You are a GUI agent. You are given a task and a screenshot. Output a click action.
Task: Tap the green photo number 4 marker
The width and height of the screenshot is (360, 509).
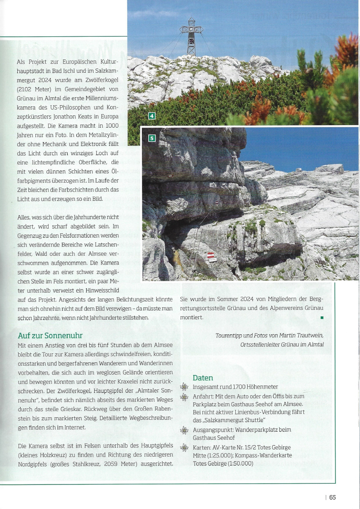pos(152,116)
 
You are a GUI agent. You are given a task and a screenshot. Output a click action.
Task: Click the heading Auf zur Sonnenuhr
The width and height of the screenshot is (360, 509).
pos(50,336)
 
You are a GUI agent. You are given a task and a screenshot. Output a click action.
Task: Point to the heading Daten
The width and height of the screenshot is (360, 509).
pos(203,378)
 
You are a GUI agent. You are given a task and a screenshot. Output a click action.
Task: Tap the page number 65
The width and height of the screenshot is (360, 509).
pos(333,497)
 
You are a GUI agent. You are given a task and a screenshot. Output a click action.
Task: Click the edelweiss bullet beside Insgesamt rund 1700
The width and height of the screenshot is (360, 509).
pos(184,386)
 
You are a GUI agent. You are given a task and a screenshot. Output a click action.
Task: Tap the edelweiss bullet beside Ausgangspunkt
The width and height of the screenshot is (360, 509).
pos(184,430)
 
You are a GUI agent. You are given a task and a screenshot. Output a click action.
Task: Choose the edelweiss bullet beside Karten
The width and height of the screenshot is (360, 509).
pos(184,448)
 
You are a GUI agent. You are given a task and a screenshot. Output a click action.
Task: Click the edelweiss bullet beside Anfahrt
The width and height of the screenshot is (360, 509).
pos(184,397)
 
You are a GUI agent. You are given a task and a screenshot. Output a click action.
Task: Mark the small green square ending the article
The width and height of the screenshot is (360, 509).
pos(322,317)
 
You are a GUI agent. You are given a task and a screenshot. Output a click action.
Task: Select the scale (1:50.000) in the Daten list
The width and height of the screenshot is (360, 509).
pos(240,463)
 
